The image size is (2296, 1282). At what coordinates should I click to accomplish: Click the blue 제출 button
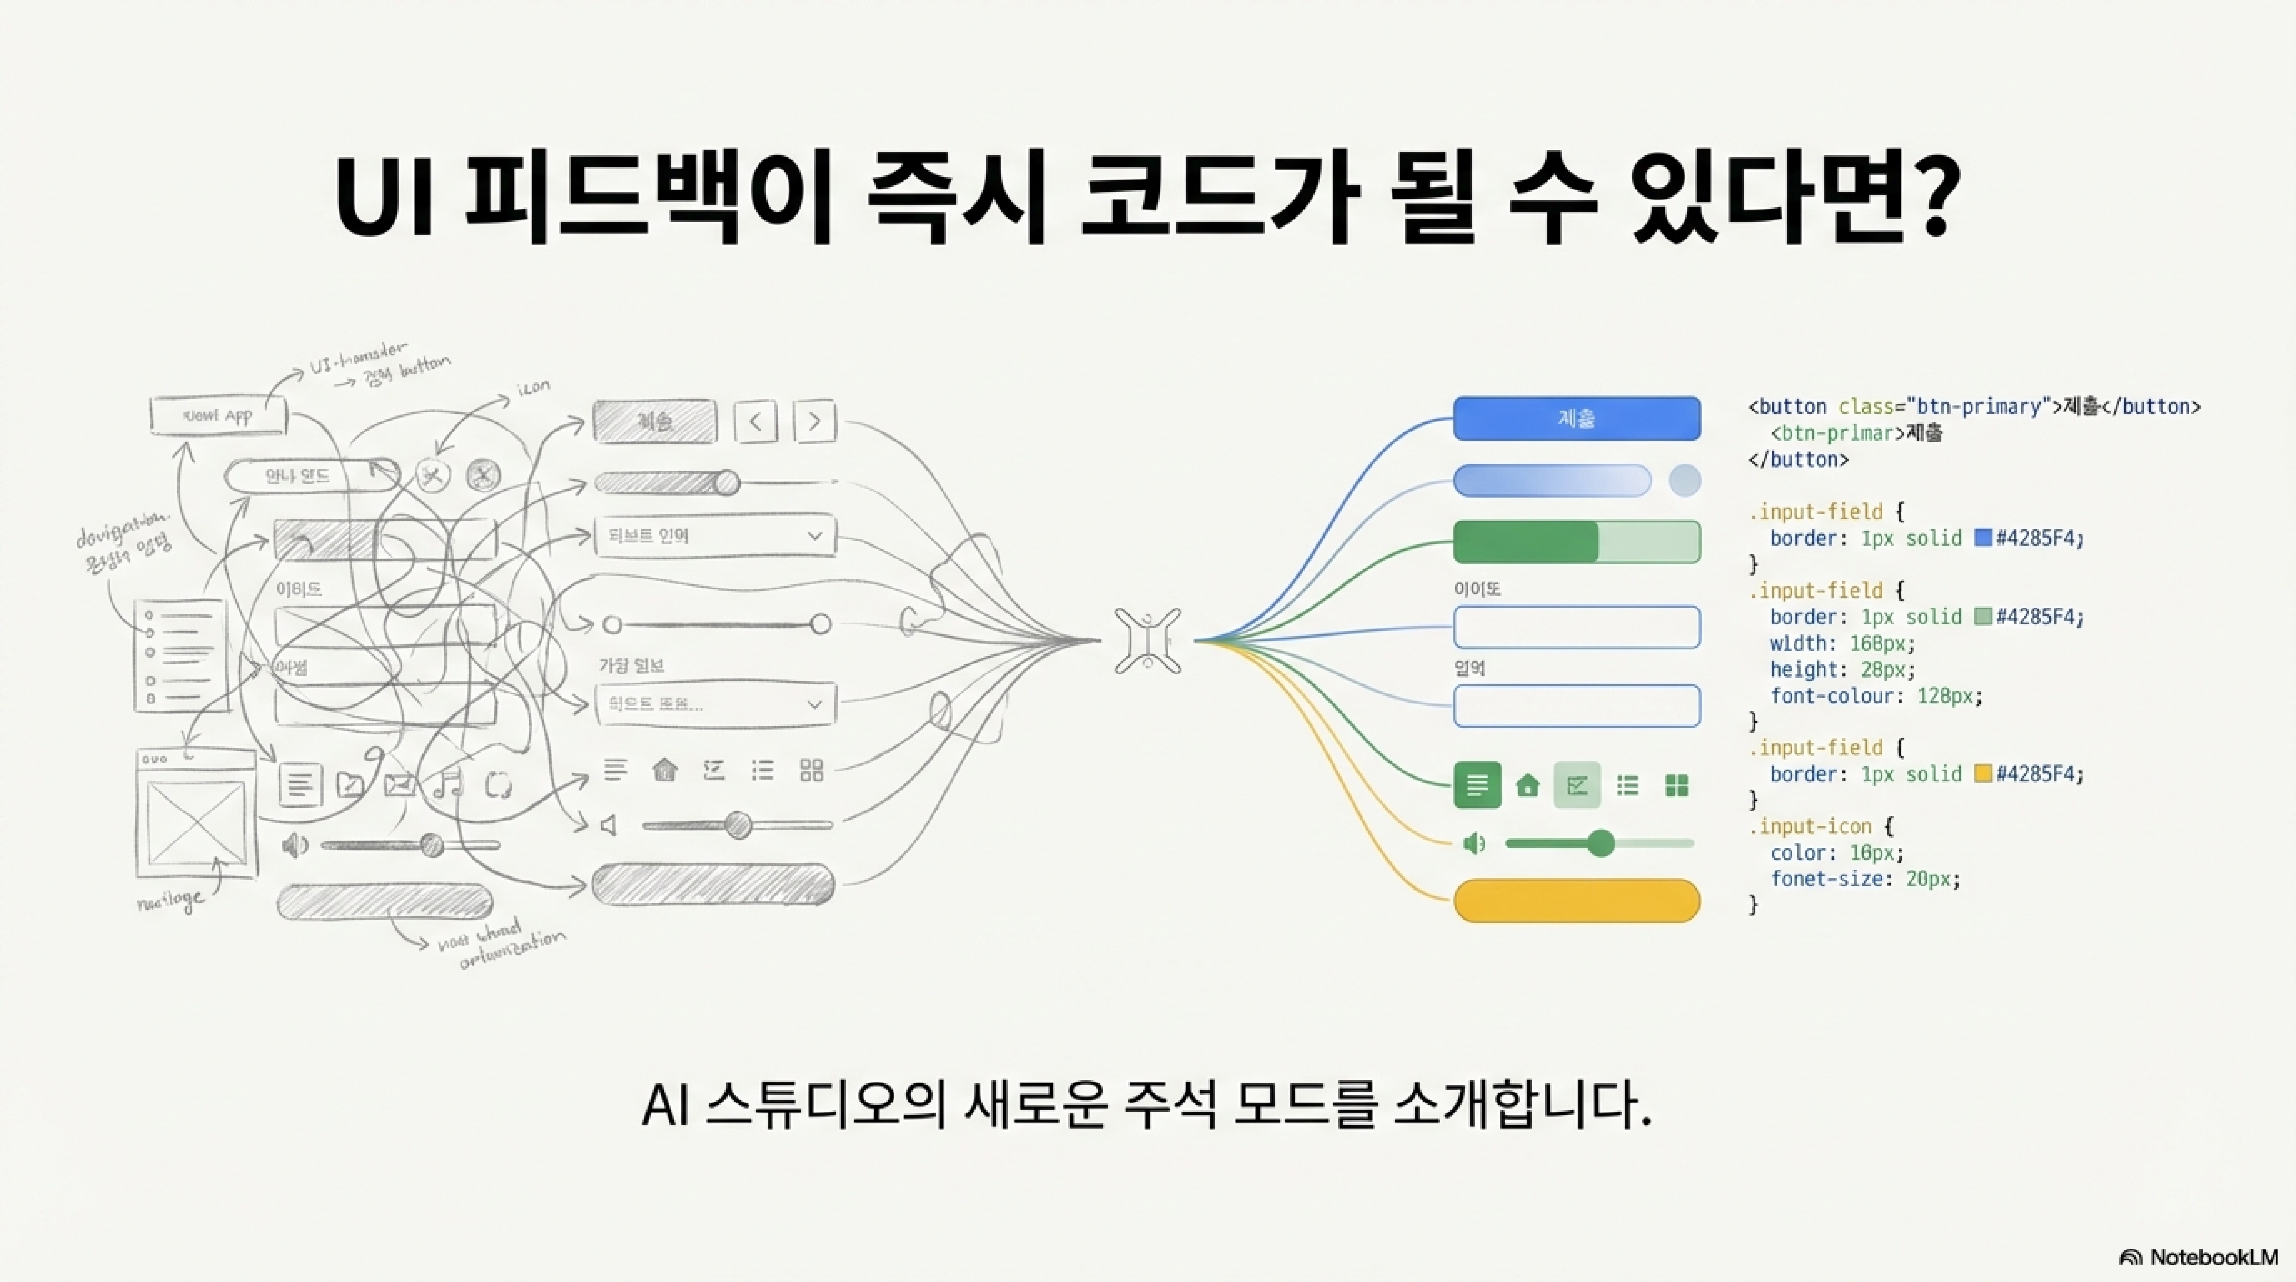[x=1576, y=418]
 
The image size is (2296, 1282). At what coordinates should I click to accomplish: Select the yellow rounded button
[x=1576, y=901]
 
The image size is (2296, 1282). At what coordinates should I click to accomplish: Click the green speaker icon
[x=1474, y=843]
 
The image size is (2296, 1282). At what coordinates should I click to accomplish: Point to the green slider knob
[x=1601, y=843]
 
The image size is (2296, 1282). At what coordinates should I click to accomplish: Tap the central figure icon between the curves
[x=1147, y=640]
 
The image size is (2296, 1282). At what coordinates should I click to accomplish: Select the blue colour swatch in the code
[x=1982, y=538]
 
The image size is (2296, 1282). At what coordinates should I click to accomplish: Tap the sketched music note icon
[x=447, y=784]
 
